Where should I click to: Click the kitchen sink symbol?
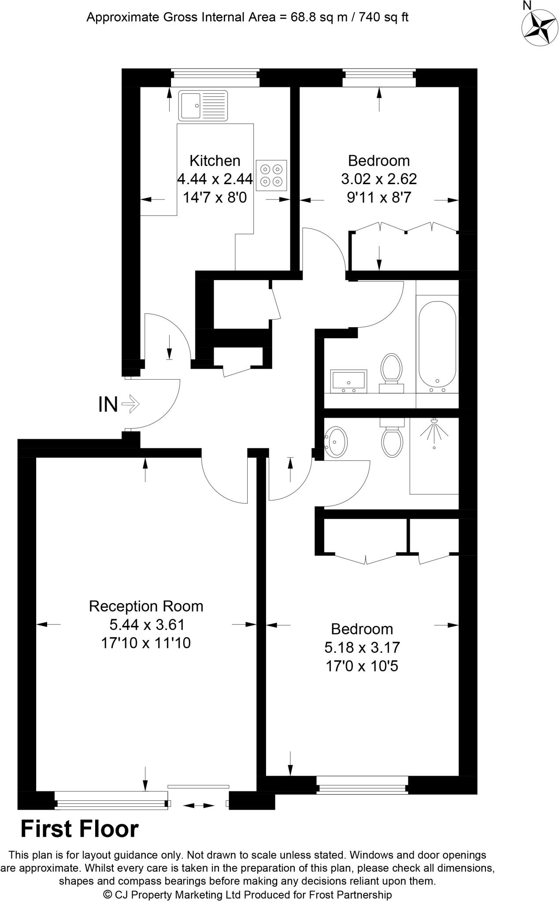(203, 106)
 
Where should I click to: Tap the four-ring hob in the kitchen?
(271, 175)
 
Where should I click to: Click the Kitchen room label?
(215, 160)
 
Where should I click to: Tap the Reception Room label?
(146, 606)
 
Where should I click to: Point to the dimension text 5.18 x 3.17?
(362, 647)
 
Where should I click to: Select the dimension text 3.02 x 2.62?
(379, 179)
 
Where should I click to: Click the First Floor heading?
(80, 829)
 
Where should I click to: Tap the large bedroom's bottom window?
(362, 785)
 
